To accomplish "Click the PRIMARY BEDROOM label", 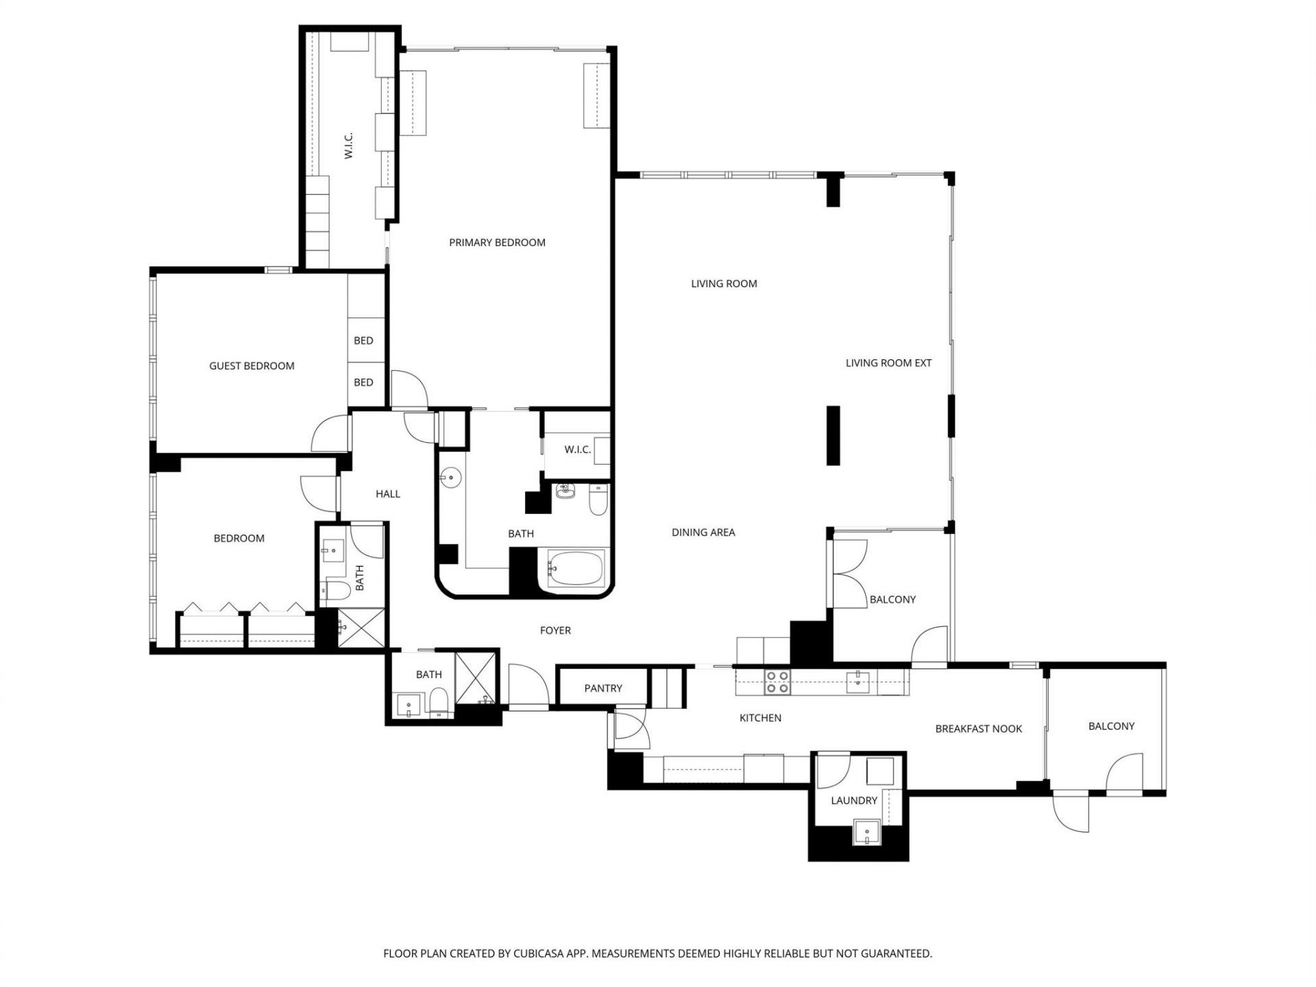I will [497, 243].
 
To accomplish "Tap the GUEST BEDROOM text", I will [252, 366].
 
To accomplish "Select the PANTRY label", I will [603, 688].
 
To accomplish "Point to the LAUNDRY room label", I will [853, 801].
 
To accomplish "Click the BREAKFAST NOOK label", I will [978, 729].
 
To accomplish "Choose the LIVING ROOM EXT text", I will [888, 363].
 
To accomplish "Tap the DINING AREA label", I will [703, 533].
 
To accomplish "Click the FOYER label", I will [555, 631].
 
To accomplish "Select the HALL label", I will [387, 494].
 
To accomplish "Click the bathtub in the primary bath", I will [576, 568].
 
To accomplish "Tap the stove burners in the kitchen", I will [777, 683].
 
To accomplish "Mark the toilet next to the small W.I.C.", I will [598, 500].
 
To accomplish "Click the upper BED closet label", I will [363, 341].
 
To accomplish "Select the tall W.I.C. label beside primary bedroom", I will [348, 146].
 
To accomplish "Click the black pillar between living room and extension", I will [833, 436].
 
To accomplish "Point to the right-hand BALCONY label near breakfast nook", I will [1111, 727].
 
